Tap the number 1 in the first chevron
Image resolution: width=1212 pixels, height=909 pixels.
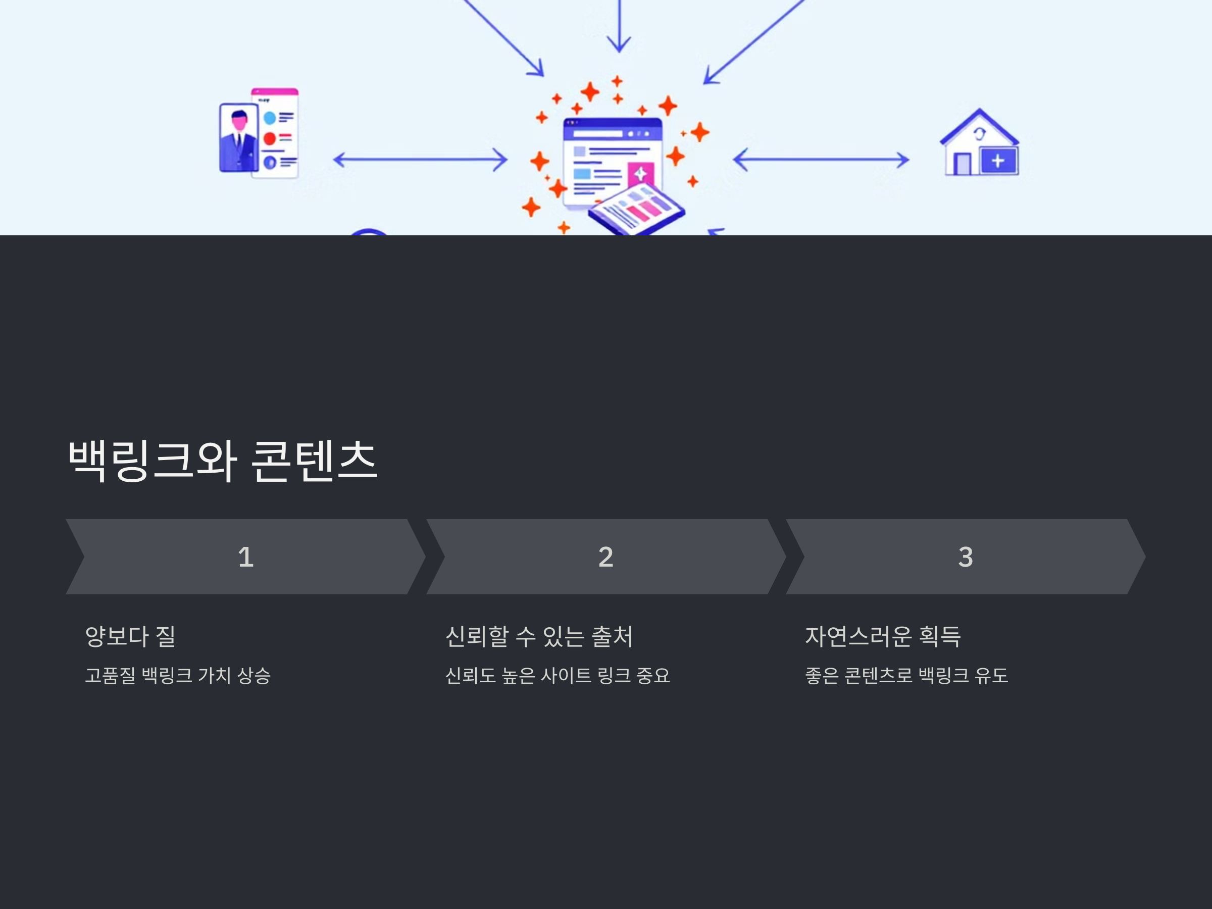point(245,557)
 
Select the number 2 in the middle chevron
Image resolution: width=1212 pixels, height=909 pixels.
point(605,557)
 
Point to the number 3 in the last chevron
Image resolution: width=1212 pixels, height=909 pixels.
point(966,557)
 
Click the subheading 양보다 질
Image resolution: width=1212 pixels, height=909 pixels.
point(130,636)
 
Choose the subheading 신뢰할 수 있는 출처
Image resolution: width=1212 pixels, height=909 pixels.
point(539,636)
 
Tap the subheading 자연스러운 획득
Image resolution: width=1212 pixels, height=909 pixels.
point(883,636)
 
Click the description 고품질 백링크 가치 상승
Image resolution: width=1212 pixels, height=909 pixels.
point(178,675)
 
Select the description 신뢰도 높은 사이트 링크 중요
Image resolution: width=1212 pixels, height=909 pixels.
point(557,675)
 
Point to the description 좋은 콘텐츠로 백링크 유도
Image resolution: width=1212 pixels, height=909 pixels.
point(906,675)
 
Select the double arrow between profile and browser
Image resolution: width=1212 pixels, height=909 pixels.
point(420,160)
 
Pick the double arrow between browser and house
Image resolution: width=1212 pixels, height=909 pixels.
point(821,160)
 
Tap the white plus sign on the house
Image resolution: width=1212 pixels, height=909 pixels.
point(998,161)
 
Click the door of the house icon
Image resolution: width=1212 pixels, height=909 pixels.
point(962,164)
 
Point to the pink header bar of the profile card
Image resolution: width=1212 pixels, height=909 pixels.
point(275,91)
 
